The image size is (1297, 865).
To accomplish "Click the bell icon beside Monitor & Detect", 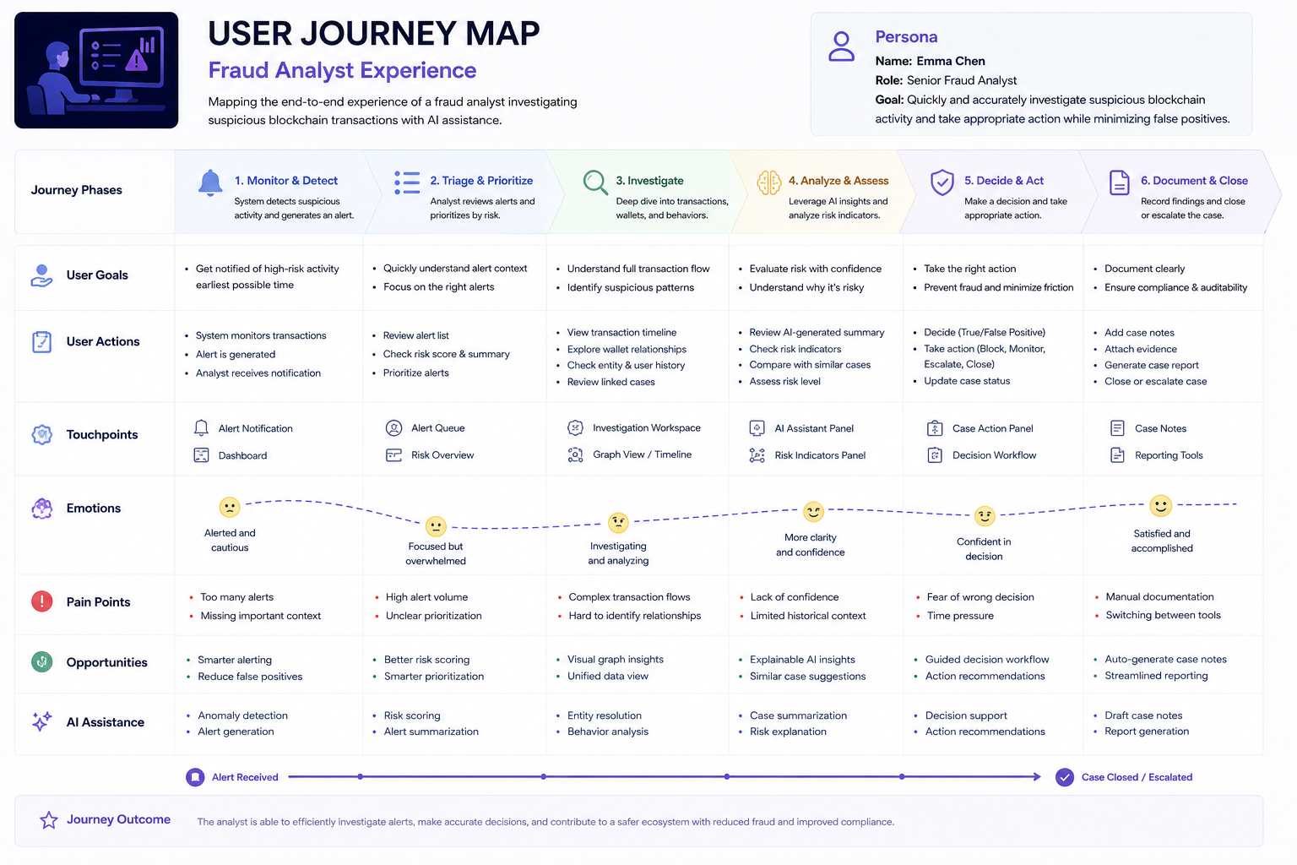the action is (210, 183).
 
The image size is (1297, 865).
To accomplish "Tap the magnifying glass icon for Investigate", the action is (595, 182).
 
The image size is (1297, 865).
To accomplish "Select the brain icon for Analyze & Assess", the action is (769, 183).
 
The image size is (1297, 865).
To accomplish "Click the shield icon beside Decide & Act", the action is (942, 182).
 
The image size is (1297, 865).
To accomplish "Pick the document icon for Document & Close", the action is (1119, 182).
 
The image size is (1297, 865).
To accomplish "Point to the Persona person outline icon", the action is (841, 46).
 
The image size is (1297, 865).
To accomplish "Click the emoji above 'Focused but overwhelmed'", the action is (436, 526).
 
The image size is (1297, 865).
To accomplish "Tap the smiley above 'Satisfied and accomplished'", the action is (1160, 506).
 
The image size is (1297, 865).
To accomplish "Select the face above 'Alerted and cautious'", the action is (230, 508).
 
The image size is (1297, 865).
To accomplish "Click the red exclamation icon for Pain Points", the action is (41, 601).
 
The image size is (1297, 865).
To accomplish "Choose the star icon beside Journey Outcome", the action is (49, 820).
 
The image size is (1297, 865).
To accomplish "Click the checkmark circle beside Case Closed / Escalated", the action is (1064, 777).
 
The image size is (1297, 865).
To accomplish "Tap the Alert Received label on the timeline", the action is (245, 777).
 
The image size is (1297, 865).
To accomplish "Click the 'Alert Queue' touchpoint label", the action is (437, 428).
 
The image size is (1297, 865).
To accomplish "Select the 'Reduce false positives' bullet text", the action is (250, 676).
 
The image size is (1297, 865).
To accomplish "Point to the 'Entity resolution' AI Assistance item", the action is (605, 715).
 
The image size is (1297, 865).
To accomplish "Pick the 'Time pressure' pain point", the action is (960, 615).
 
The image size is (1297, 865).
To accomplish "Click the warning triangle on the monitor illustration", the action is (137, 60).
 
